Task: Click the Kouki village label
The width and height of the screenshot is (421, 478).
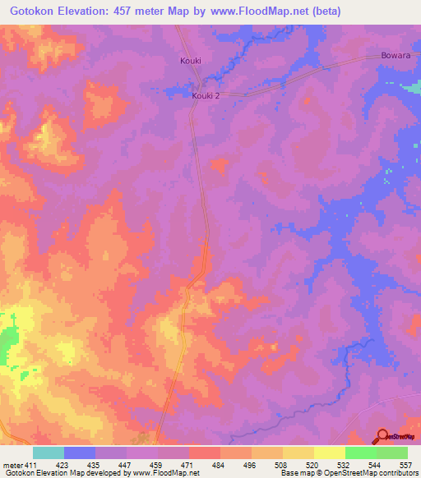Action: (190, 61)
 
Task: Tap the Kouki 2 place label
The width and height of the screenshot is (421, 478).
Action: (206, 95)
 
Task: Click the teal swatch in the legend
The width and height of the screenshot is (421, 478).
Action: (49, 453)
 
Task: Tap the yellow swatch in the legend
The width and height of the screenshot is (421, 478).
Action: (328, 453)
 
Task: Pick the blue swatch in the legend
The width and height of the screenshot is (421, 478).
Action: (80, 453)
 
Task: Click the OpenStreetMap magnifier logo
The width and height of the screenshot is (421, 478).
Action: (382, 436)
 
